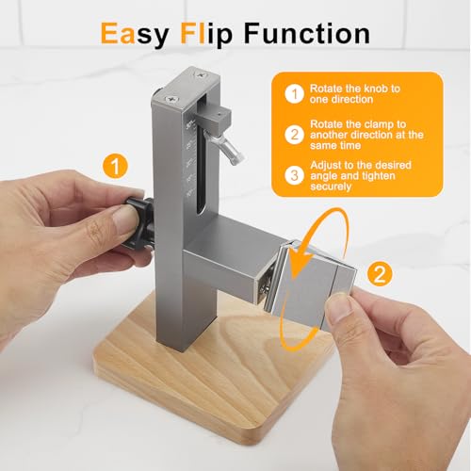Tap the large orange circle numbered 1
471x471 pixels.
click(x=114, y=168)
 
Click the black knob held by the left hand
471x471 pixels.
click(x=138, y=223)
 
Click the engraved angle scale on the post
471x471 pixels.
click(x=192, y=160)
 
